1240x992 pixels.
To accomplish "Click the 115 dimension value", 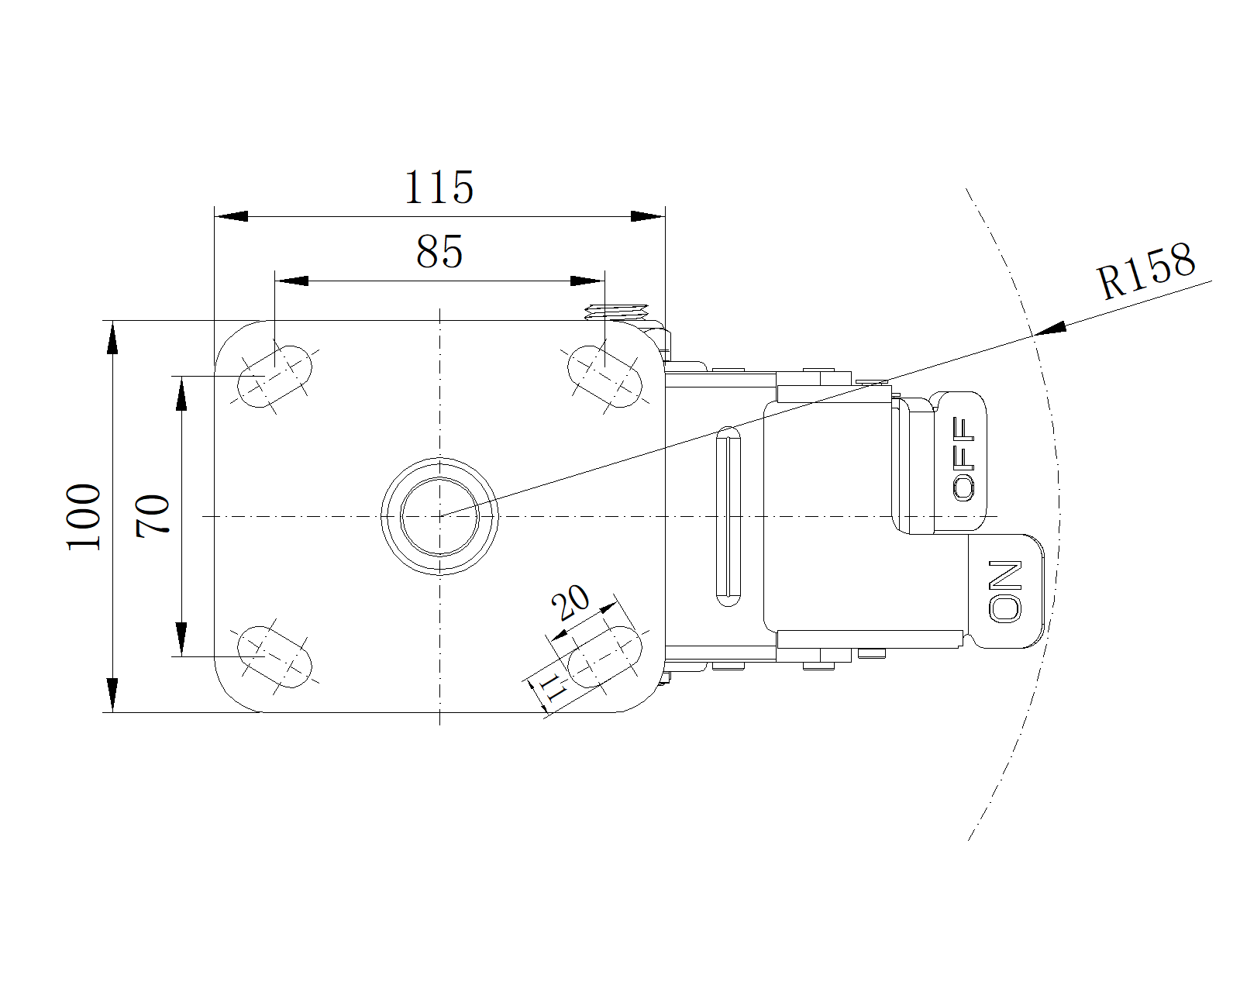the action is [439, 188].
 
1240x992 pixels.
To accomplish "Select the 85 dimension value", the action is [439, 252].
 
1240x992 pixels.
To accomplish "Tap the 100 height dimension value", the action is [84, 517].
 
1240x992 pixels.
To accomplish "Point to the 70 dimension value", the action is [153, 516].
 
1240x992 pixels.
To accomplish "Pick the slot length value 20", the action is [570, 602].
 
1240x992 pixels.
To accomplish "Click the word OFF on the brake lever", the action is [963, 458].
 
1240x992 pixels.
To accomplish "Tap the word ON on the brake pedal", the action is [1005, 591].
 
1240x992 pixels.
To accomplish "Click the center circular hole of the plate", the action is [439, 516].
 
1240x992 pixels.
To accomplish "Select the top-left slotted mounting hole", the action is [275, 377].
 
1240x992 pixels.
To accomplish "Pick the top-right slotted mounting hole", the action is [604, 377].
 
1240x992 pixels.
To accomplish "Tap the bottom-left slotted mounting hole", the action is [275, 656].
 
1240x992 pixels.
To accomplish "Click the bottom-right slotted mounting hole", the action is [604, 656].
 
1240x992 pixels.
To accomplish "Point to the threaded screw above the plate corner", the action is [616, 312].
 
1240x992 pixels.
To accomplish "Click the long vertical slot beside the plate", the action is [728, 516].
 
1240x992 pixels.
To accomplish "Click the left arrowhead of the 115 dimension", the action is [231, 216].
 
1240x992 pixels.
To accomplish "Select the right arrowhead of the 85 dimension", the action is [587, 281].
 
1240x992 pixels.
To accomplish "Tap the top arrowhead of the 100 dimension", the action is [112, 338].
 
